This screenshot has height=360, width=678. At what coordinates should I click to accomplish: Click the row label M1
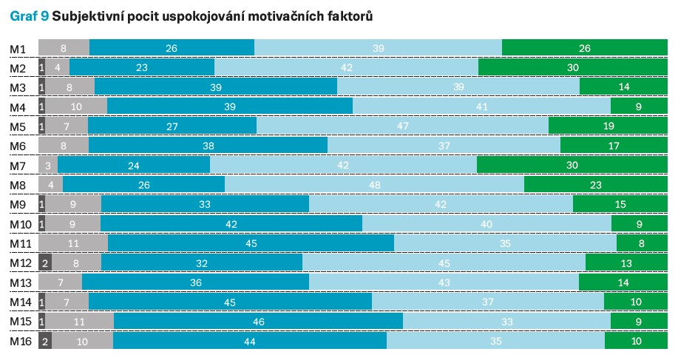[18, 49]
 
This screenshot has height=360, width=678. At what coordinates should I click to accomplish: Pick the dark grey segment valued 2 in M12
[45, 263]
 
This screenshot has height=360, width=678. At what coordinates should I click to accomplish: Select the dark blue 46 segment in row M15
[258, 322]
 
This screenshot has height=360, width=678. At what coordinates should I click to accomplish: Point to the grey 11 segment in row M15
[79, 322]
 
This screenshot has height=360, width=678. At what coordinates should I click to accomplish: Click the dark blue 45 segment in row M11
[251, 243]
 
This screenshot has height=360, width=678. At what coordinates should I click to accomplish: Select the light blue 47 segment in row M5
[402, 126]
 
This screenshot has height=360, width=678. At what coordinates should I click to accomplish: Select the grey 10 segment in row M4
[76, 107]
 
